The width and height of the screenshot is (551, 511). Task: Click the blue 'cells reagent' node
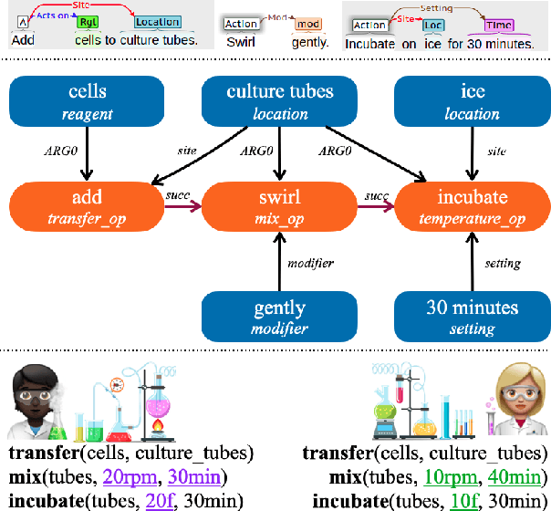tap(87, 101)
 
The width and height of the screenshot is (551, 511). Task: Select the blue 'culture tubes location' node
tap(280, 101)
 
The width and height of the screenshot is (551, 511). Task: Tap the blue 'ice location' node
tap(472, 101)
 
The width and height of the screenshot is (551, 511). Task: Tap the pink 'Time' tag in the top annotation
tap(498, 26)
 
